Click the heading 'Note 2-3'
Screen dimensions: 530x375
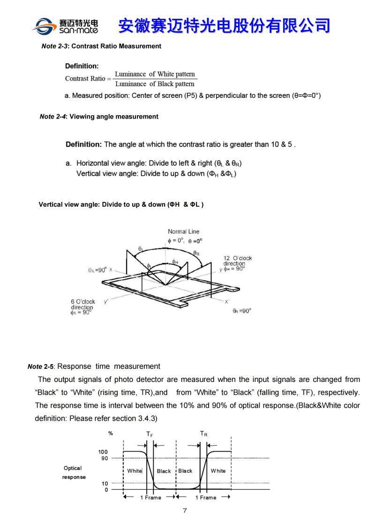tap(55, 46)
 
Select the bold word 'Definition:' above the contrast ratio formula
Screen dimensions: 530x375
tap(82, 66)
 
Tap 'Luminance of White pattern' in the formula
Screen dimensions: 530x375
tap(155, 74)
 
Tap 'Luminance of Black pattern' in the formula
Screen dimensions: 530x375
tap(155, 84)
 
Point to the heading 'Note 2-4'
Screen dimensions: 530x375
tap(53, 117)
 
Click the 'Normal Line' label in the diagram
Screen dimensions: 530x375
tap(183, 231)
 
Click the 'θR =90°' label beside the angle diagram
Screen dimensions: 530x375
tap(242, 311)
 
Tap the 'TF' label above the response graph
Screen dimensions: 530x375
tap(149, 434)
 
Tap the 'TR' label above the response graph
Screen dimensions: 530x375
tap(203, 434)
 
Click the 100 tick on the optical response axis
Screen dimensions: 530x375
tap(103, 452)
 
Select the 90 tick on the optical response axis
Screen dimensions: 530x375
tap(105, 458)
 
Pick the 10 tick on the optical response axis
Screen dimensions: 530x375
tap(105, 483)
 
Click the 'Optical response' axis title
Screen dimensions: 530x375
tap(73, 472)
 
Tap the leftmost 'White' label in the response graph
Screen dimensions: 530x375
tap(134, 471)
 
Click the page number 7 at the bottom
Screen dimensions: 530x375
tap(185, 511)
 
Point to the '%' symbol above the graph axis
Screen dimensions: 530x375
tap(110, 434)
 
